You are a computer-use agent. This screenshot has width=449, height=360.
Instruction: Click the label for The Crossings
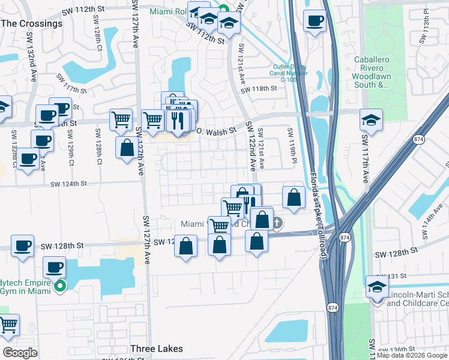pos(32,23)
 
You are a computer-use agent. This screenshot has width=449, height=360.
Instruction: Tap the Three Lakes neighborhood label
pos(157,349)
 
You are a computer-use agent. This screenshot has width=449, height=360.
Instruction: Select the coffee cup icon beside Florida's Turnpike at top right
pos(314,22)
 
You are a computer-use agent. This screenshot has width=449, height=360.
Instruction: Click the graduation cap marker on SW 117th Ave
pos(371,120)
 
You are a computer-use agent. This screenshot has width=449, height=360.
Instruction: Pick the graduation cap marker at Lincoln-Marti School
pos(377,286)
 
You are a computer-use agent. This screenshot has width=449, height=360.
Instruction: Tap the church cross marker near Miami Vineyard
pos(277,223)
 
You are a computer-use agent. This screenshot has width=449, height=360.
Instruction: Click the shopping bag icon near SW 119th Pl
pos(293,197)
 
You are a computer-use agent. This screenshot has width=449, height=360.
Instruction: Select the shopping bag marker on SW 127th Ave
pos(127,148)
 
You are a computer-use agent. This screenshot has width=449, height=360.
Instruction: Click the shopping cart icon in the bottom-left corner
pos(8,325)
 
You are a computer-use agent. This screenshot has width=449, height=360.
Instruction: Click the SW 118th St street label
pos(259,89)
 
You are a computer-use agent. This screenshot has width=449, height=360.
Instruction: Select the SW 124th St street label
pos(69,184)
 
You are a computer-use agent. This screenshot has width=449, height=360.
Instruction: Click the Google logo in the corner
pos(20,353)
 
